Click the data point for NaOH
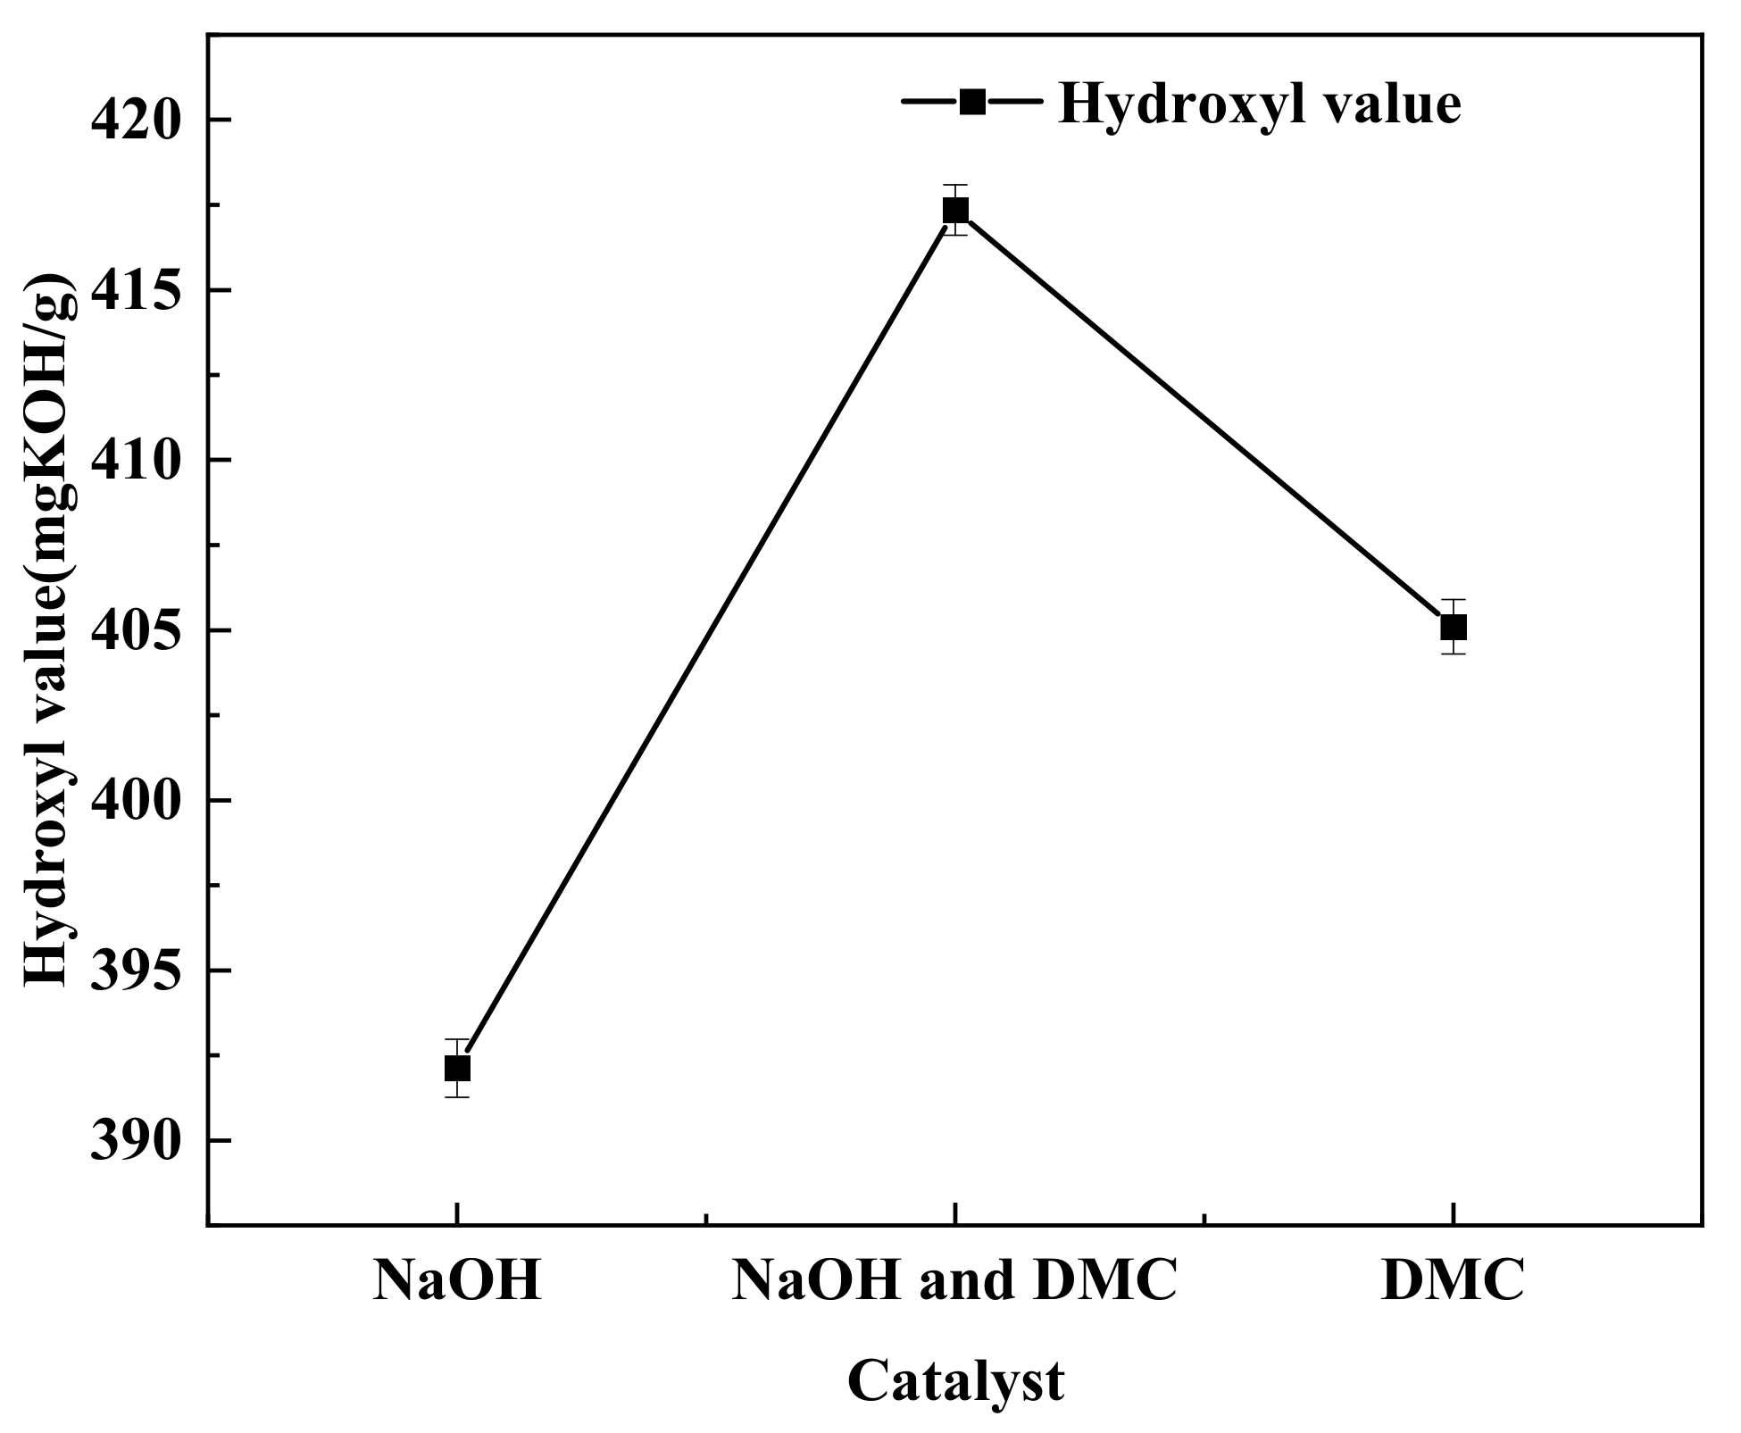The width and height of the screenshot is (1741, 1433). tap(457, 1068)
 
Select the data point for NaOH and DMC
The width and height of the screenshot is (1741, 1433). tap(955, 211)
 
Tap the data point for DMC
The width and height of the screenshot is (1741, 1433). tap(1454, 628)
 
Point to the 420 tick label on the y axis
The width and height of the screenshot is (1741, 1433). tap(136, 120)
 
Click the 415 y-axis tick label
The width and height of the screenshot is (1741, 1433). tap(136, 290)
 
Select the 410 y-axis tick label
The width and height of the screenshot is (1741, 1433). tap(136, 460)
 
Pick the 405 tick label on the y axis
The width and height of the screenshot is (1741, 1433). tap(136, 630)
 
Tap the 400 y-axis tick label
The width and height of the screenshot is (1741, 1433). tap(136, 800)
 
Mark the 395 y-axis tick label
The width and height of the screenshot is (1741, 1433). tap(136, 971)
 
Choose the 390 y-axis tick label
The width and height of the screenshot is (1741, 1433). tap(136, 1140)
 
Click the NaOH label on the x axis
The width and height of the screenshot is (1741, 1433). tap(457, 1282)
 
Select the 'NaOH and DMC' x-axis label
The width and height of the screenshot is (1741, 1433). tap(954, 1282)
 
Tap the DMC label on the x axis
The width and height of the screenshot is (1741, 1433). tap(1453, 1282)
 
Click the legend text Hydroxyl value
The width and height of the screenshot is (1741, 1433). tap(1259, 104)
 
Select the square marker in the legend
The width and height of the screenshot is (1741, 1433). tap(972, 102)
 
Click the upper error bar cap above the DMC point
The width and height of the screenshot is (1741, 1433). tap(1454, 600)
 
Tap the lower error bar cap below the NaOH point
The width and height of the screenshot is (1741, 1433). tap(457, 1096)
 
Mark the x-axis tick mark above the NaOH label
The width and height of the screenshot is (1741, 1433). tap(457, 1213)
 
